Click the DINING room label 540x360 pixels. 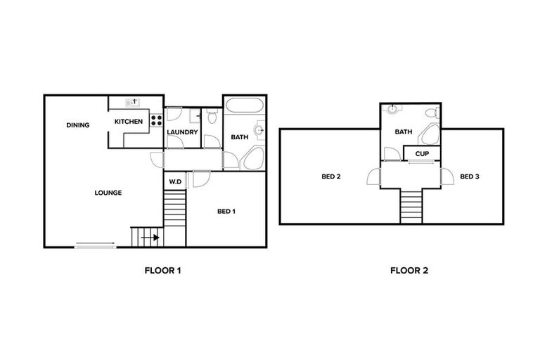[78, 125]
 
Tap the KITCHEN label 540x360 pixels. [129, 122]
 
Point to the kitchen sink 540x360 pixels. [132, 103]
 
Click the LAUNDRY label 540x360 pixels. [182, 132]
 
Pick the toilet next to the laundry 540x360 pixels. [212, 117]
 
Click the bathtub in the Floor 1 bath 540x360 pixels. [244, 107]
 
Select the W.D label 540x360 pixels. [175, 181]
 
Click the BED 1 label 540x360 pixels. [226, 211]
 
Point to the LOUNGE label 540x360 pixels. [109, 193]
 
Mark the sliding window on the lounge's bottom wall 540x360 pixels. [96, 245]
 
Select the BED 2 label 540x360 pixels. [331, 176]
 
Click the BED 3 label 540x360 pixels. [470, 176]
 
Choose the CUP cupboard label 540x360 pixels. [422, 153]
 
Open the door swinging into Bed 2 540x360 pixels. [373, 177]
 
